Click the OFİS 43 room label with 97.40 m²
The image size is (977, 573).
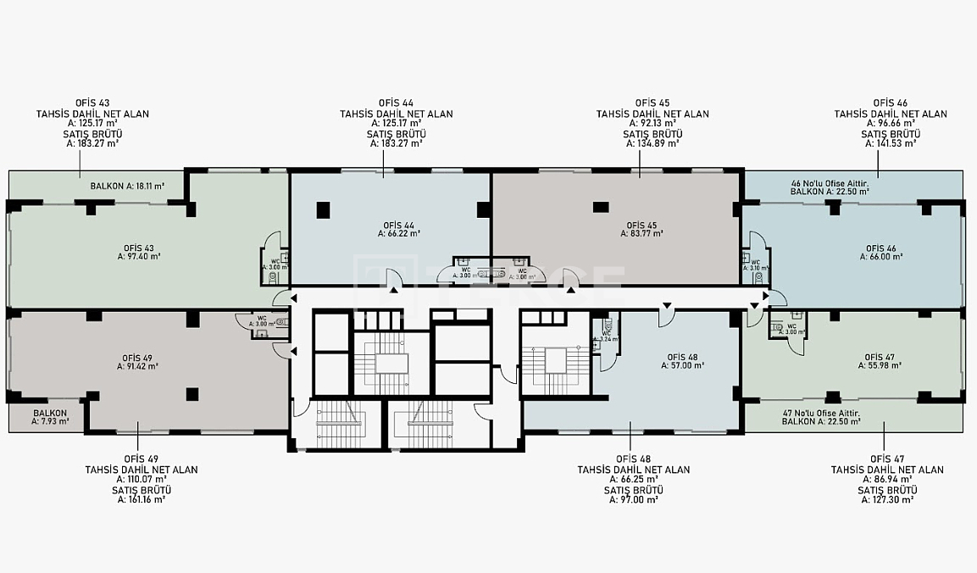click(x=142, y=251)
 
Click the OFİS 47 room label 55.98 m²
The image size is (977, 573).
click(x=880, y=361)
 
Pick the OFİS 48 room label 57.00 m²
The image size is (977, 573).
click(x=683, y=361)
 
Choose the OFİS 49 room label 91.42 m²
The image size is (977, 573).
click(x=137, y=362)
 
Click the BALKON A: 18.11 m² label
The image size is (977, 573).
click(x=127, y=186)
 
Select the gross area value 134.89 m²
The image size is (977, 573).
click(x=652, y=143)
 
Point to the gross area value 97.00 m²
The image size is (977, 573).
click(x=634, y=500)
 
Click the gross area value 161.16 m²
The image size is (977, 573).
click(x=141, y=500)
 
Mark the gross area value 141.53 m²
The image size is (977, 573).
click(x=891, y=143)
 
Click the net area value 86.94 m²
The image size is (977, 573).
click(x=887, y=480)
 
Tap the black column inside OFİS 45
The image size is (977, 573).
click(x=601, y=207)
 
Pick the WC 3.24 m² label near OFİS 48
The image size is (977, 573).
click(x=605, y=336)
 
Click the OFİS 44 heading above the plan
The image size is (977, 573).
click(x=396, y=103)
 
